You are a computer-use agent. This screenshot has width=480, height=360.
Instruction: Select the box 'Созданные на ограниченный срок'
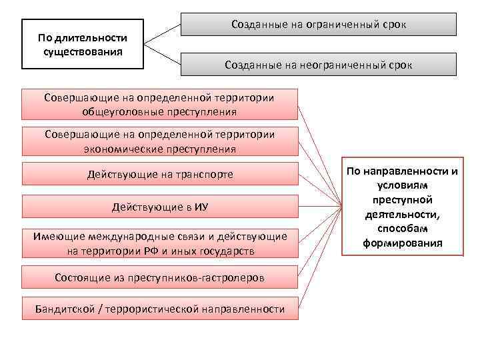319,24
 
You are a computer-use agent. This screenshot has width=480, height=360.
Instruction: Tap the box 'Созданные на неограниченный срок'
319,65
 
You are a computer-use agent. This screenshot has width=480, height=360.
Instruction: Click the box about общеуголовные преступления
160,104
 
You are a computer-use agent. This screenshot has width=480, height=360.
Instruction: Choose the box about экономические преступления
160,141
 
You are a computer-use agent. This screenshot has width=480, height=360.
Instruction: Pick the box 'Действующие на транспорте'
160,175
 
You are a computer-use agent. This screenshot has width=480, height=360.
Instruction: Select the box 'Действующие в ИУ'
160,207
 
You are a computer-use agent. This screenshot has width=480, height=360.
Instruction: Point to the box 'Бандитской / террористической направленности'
160,309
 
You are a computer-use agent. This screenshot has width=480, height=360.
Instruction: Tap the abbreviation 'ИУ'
200,207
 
